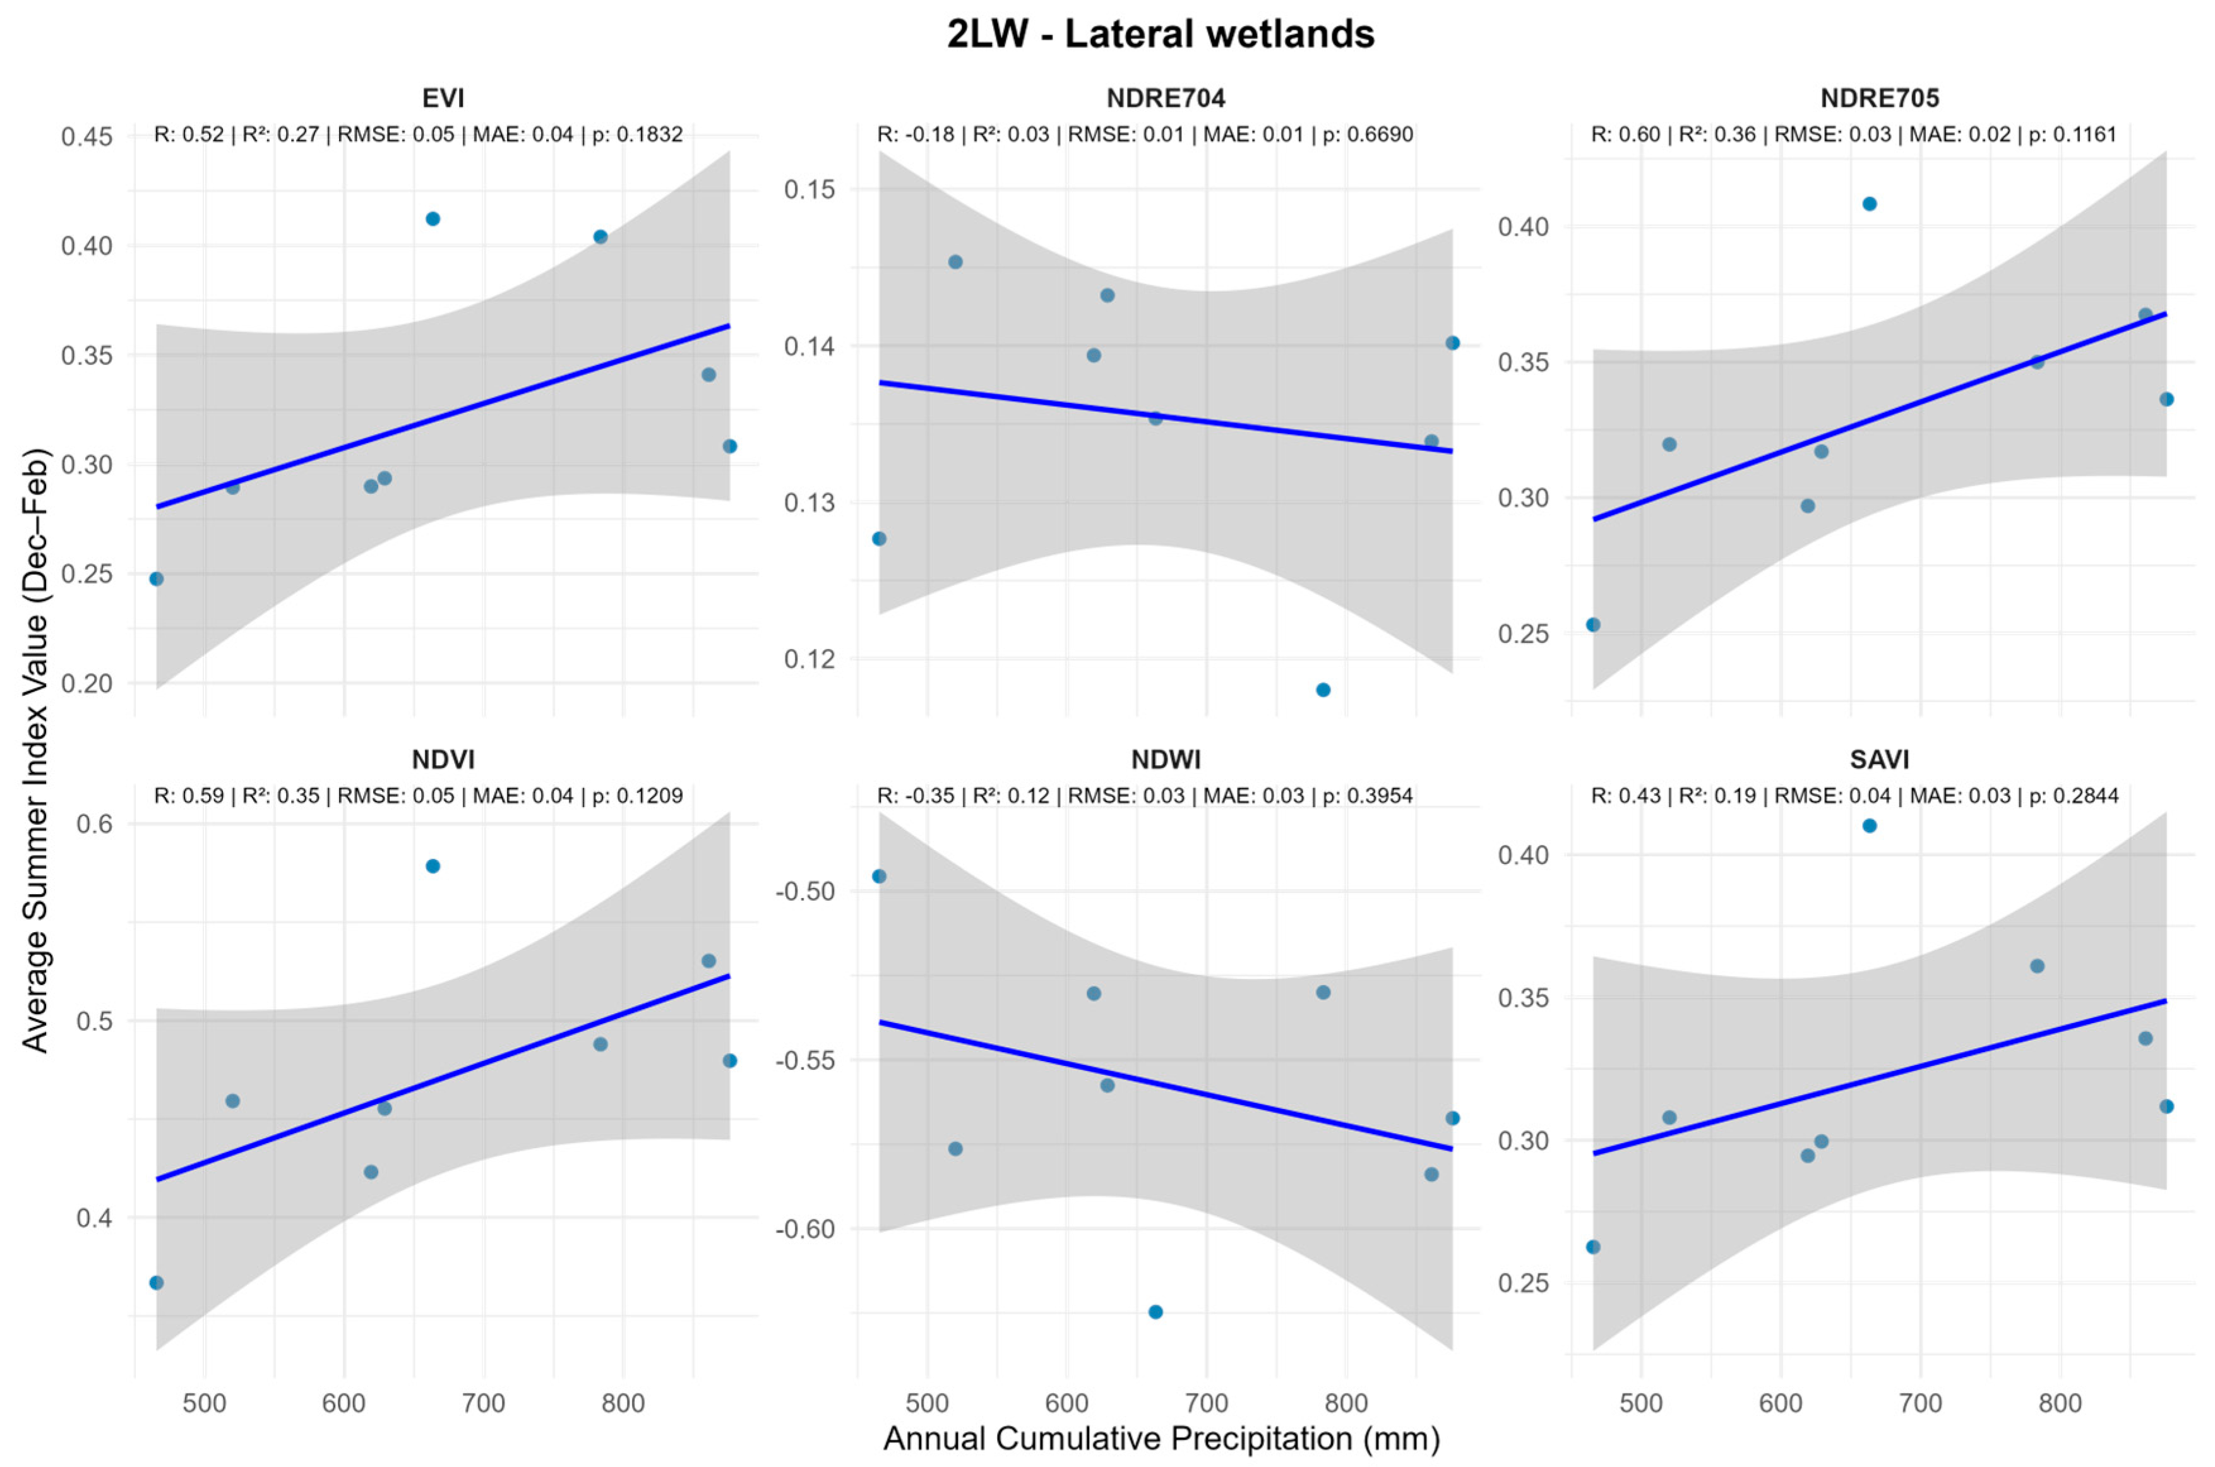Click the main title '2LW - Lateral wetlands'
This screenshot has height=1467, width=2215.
pyautogui.click(x=1161, y=35)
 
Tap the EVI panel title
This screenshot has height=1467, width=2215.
pyautogui.click(x=443, y=99)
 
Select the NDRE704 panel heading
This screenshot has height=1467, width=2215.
pyautogui.click(x=1166, y=99)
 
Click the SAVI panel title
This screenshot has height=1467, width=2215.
pyautogui.click(x=1880, y=759)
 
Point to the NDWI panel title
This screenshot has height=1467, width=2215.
pyautogui.click(x=1166, y=759)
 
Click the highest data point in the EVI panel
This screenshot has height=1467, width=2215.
pyautogui.click(x=433, y=219)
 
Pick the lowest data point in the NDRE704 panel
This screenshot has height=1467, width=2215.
pyautogui.click(x=1323, y=690)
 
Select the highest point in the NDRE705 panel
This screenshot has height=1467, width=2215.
pyautogui.click(x=1870, y=204)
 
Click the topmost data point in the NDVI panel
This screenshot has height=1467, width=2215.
pyautogui.click(x=433, y=866)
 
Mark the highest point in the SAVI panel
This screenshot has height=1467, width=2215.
pyautogui.click(x=1870, y=826)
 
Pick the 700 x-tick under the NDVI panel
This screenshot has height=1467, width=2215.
pyautogui.click(x=484, y=1403)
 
